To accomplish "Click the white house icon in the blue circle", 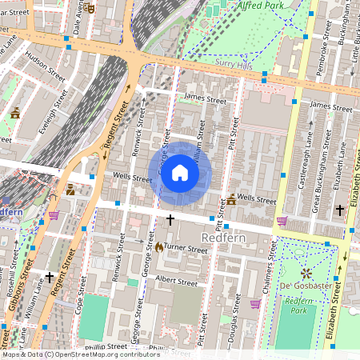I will coord(180,173).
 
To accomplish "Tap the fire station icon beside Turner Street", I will coord(159,248).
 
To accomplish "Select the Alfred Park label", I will coord(262,5).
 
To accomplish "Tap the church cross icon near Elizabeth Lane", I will coord(340,210).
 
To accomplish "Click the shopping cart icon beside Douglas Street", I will coord(254,303).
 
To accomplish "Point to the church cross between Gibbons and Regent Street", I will coord(50,277).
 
